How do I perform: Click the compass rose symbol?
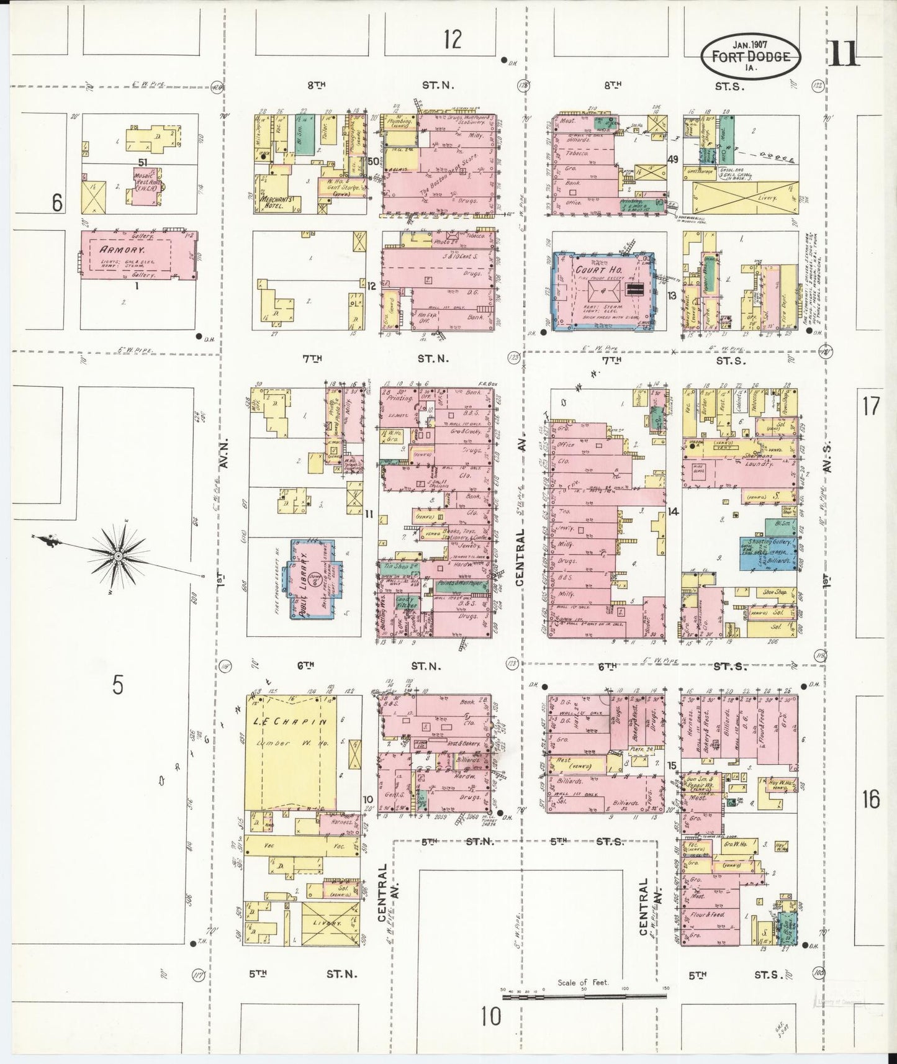[118, 555]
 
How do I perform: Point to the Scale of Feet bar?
[584, 996]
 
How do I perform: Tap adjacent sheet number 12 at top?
[453, 40]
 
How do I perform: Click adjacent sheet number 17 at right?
[871, 406]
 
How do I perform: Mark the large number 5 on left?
[118, 685]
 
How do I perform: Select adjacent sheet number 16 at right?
[871, 800]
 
